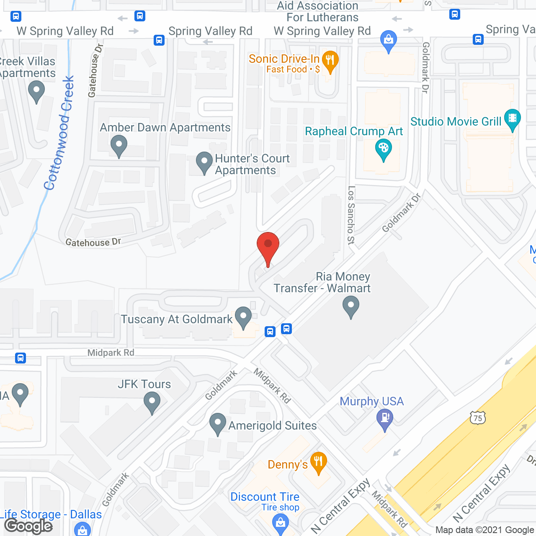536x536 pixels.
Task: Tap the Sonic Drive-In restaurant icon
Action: pos(330,61)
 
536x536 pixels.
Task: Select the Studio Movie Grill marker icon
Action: pos(512,118)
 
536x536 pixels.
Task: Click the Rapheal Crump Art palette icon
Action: pos(383,149)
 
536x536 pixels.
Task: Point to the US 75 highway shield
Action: pos(477,417)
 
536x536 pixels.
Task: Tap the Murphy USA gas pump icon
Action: pos(385,418)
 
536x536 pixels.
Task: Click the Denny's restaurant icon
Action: pos(319,461)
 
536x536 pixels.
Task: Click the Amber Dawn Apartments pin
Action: pos(119,146)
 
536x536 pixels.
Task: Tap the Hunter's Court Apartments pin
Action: pos(204,161)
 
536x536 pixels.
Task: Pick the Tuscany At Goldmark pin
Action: pos(243,316)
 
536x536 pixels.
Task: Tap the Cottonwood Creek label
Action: pos(59,133)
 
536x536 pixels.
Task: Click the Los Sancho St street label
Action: pos(351,215)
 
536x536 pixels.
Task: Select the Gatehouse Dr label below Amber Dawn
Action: pos(93,242)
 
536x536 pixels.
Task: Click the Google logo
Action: pos(28,526)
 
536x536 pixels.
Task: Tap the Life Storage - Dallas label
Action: pos(51,514)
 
